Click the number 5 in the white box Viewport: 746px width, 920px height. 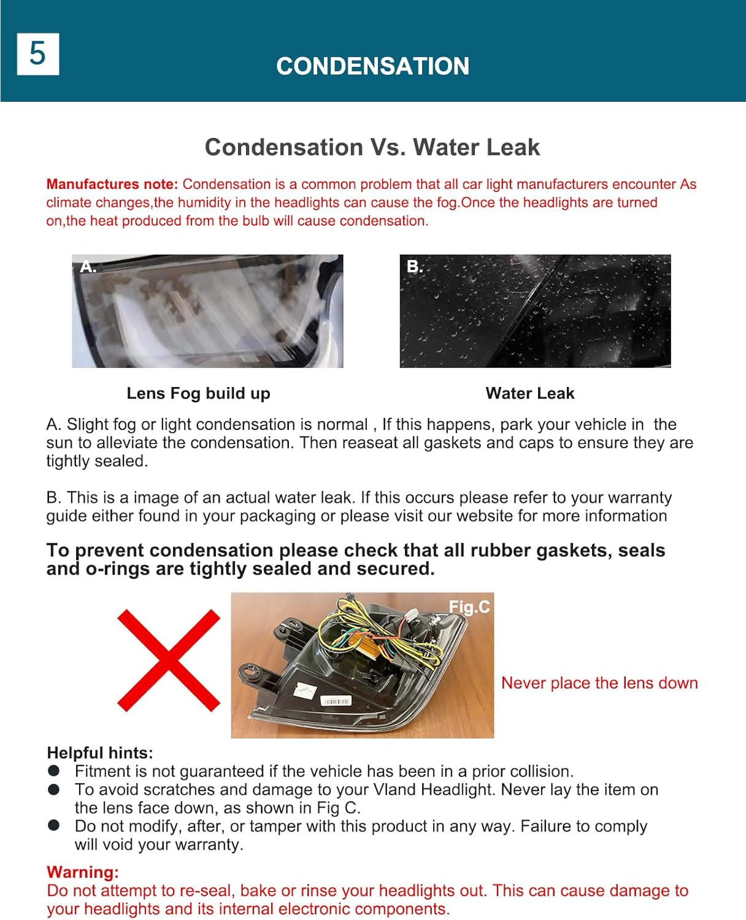[x=37, y=54]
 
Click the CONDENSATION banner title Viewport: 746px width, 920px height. [x=372, y=66]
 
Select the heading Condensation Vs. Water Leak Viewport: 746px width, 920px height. [x=372, y=147]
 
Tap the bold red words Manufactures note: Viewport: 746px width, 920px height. [x=112, y=184]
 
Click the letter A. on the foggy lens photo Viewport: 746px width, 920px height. [x=88, y=267]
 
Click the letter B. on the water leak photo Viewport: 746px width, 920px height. [x=415, y=267]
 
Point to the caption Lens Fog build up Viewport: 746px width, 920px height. [x=198, y=393]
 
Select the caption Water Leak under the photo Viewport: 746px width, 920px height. [x=529, y=393]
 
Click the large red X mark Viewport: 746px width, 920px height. [x=168, y=660]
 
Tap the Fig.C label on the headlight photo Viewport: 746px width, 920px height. [x=469, y=607]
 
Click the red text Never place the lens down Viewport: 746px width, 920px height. [x=599, y=683]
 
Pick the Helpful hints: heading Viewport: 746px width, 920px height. [x=100, y=753]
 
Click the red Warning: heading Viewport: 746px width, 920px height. [x=83, y=872]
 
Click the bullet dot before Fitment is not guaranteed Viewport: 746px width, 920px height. [x=54, y=770]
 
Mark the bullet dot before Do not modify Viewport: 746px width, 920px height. [x=54, y=826]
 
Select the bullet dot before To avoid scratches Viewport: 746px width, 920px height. [x=54, y=789]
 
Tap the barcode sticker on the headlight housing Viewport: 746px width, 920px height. [x=336, y=701]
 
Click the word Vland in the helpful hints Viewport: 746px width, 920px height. [x=393, y=789]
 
